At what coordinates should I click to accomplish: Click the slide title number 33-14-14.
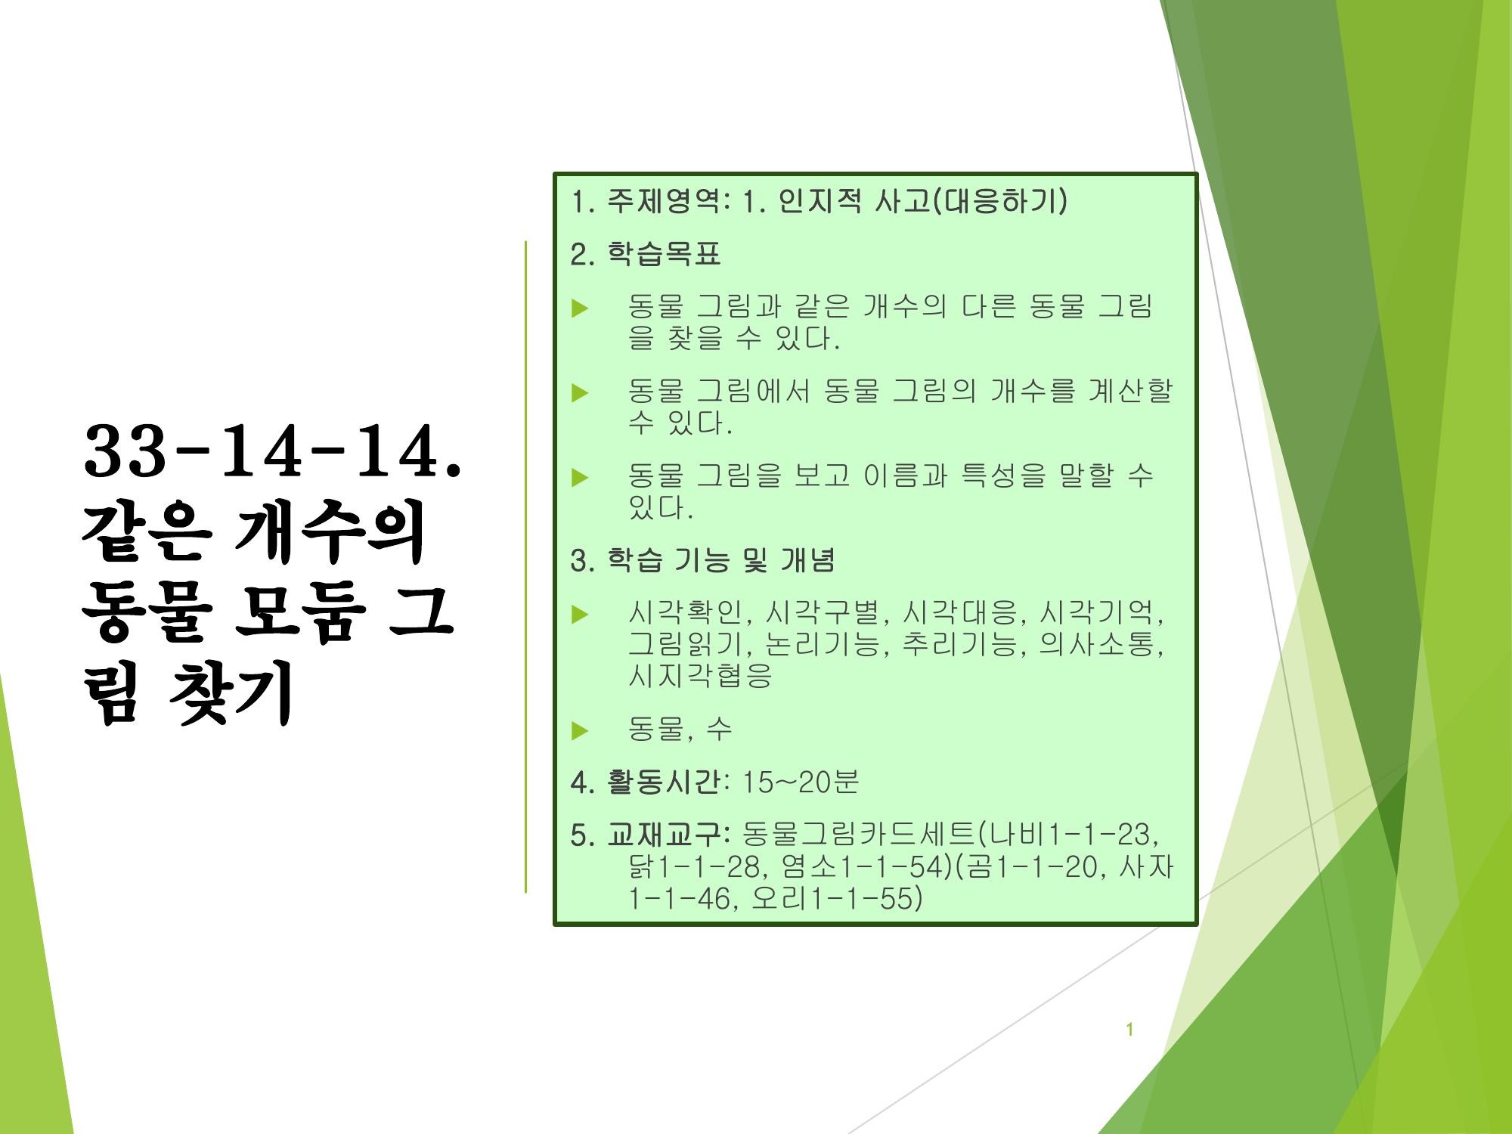(x=272, y=452)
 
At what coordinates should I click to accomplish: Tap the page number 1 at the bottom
(x=1129, y=1030)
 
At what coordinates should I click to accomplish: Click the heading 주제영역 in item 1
(x=665, y=202)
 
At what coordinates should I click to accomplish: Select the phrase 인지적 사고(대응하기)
(x=923, y=202)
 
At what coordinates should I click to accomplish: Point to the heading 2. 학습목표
(x=646, y=254)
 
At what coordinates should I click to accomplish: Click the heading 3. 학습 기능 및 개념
(x=702, y=560)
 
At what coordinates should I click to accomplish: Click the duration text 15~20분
(x=801, y=782)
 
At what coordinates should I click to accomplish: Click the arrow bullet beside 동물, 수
(x=580, y=730)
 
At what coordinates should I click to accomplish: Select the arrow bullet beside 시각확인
(x=580, y=614)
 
